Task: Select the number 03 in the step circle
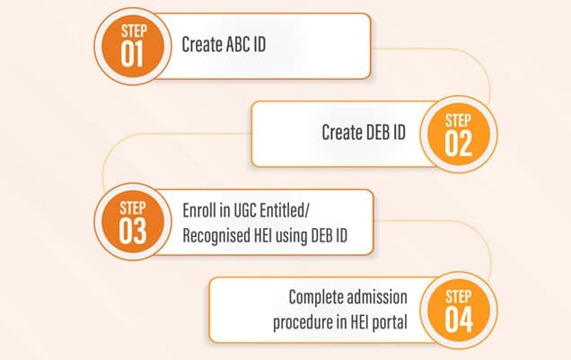(134, 231)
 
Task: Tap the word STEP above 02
(458, 120)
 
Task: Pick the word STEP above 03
(134, 208)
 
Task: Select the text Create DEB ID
(364, 133)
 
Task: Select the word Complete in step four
(316, 297)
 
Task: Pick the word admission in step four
(379, 297)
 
